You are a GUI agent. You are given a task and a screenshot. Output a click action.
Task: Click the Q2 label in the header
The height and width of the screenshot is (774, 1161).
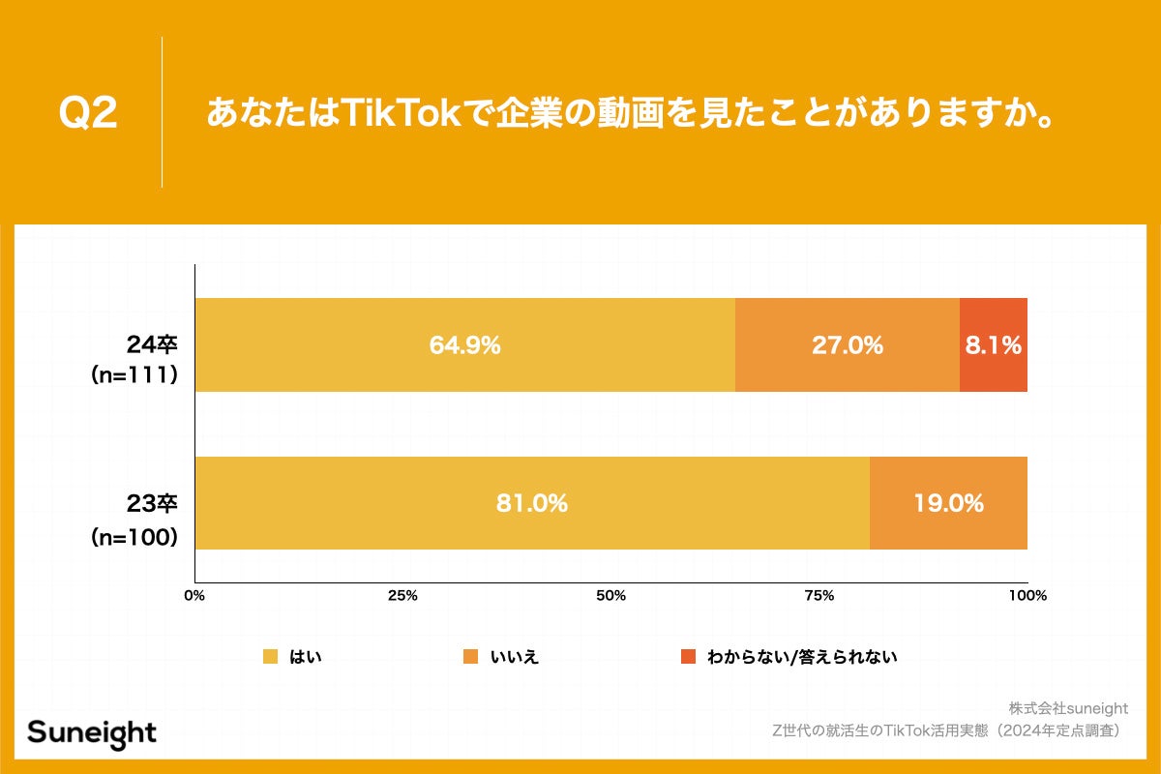pyautogui.click(x=88, y=114)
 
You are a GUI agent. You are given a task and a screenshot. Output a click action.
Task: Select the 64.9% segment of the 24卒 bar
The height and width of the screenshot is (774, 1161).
pyautogui.click(x=464, y=345)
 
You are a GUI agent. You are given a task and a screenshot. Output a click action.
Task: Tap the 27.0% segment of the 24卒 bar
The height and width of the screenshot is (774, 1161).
pyautogui.click(x=847, y=345)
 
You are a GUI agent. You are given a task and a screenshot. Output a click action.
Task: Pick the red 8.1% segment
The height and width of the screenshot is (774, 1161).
pyautogui.click(x=994, y=345)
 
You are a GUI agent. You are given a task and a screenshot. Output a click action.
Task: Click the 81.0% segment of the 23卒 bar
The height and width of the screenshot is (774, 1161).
pyautogui.click(x=531, y=503)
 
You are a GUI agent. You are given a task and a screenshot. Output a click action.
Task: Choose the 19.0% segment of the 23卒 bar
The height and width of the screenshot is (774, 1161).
pyautogui.click(x=948, y=503)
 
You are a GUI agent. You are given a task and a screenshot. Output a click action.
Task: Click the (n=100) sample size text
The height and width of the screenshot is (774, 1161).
pyautogui.click(x=134, y=537)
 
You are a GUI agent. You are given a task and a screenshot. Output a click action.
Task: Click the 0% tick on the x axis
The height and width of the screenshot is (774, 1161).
pyautogui.click(x=194, y=595)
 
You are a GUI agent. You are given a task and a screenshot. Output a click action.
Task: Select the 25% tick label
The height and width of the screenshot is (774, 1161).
pyautogui.click(x=402, y=595)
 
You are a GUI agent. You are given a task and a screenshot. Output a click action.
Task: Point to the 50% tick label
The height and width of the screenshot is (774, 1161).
pyautogui.click(x=610, y=595)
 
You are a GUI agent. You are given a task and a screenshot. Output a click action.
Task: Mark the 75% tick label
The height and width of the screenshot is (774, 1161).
pyautogui.click(x=819, y=595)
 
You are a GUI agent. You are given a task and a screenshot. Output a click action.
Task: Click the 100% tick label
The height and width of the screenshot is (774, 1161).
pyautogui.click(x=1027, y=595)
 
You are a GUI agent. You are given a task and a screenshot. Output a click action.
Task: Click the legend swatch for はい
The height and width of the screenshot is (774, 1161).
pyautogui.click(x=271, y=657)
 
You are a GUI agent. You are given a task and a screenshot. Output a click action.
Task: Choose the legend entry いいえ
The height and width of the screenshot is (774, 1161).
pyautogui.click(x=515, y=657)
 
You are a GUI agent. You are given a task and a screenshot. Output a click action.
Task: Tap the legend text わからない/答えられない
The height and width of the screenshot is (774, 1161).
pyautogui.click(x=802, y=657)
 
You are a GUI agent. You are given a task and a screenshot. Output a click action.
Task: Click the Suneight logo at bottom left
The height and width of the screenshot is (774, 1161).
pyautogui.click(x=92, y=732)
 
